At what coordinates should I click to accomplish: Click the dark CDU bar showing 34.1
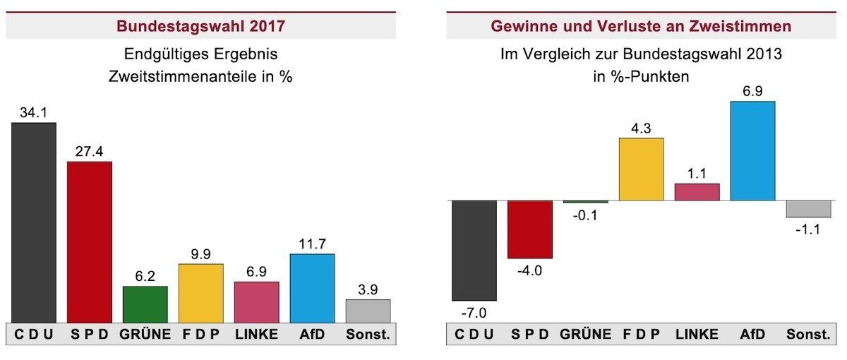pyautogui.click(x=34, y=222)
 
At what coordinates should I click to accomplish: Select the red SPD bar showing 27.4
pyautogui.click(x=90, y=242)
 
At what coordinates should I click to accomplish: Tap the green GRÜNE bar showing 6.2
pyautogui.click(x=145, y=304)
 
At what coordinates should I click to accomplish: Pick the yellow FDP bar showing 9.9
pyautogui.click(x=201, y=293)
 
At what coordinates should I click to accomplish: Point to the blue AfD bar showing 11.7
pyautogui.click(x=313, y=288)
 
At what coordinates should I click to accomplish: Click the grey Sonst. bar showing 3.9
pyautogui.click(x=368, y=311)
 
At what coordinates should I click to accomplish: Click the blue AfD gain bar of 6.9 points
pyautogui.click(x=752, y=151)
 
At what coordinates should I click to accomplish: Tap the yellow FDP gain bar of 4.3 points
pyautogui.click(x=641, y=169)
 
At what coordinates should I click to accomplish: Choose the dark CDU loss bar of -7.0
pyautogui.click(x=474, y=251)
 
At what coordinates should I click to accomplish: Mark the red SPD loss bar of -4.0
pyautogui.click(x=530, y=229)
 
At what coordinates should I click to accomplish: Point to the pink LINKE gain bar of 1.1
pyautogui.click(x=697, y=192)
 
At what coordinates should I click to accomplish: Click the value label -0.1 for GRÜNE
pyautogui.click(x=584, y=215)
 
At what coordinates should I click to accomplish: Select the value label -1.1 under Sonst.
pyautogui.click(x=808, y=229)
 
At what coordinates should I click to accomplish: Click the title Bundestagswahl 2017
pyautogui.click(x=201, y=27)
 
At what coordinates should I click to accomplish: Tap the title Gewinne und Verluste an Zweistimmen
pyautogui.click(x=641, y=27)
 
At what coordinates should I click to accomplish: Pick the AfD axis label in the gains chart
pyautogui.click(x=752, y=334)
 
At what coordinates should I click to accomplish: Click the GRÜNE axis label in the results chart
pyautogui.click(x=145, y=334)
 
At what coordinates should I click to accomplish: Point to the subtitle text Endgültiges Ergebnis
pyautogui.click(x=201, y=54)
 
